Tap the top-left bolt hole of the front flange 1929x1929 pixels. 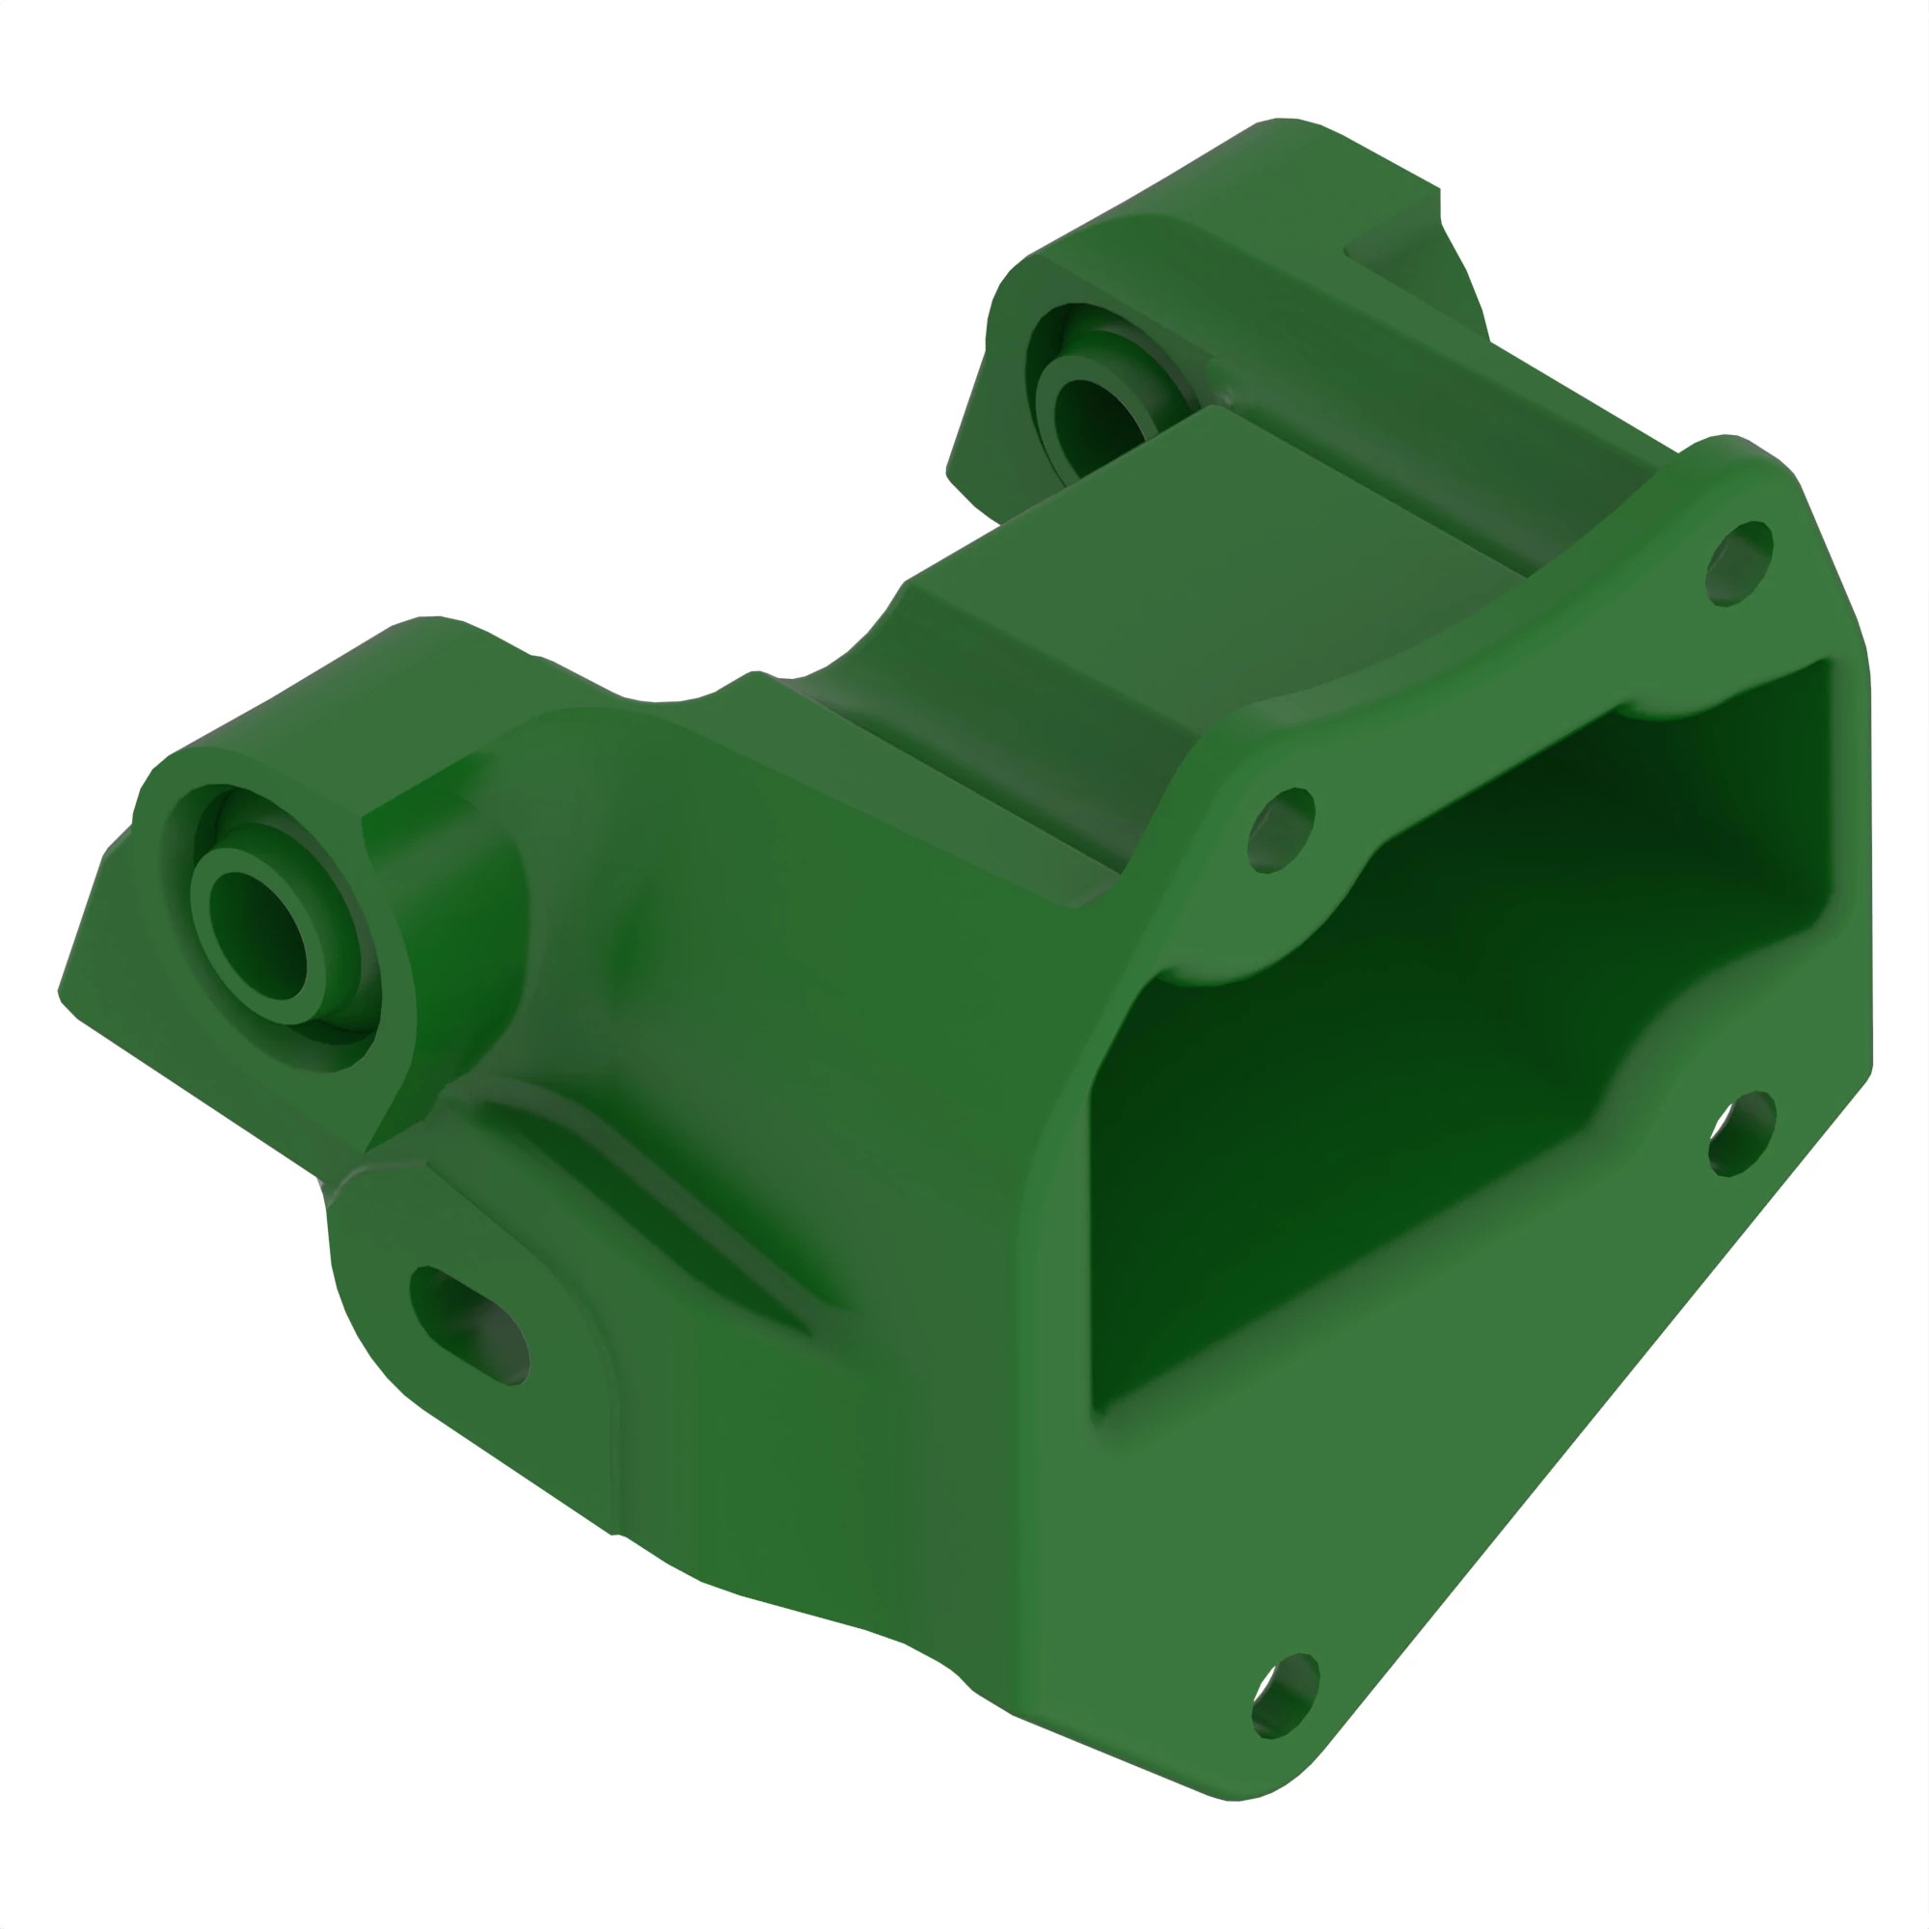coord(1281,829)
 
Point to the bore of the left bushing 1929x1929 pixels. coord(261,935)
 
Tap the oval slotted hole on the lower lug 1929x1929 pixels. coord(469,1325)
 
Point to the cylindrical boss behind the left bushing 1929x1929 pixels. coord(449,899)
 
